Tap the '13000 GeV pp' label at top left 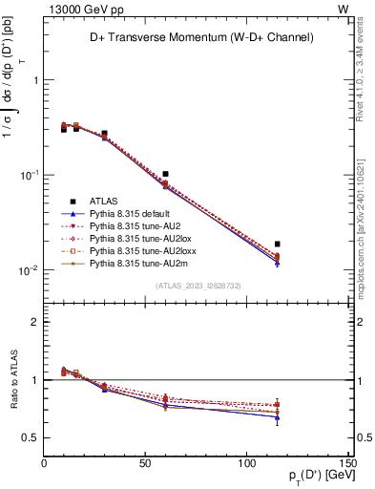tap(81, 9)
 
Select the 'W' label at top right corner tap(343, 9)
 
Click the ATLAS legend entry tap(104, 201)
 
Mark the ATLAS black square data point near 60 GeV tap(166, 174)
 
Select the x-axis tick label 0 tap(44, 464)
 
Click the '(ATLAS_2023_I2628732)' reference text tap(198, 286)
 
